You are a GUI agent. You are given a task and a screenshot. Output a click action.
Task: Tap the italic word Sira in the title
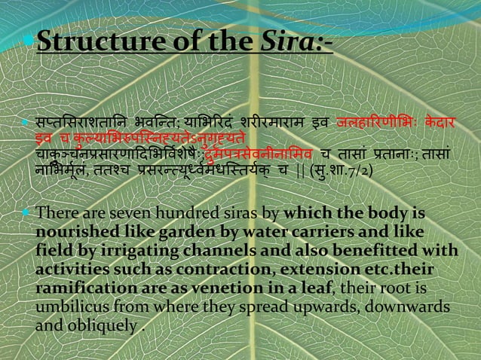tap(286, 46)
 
